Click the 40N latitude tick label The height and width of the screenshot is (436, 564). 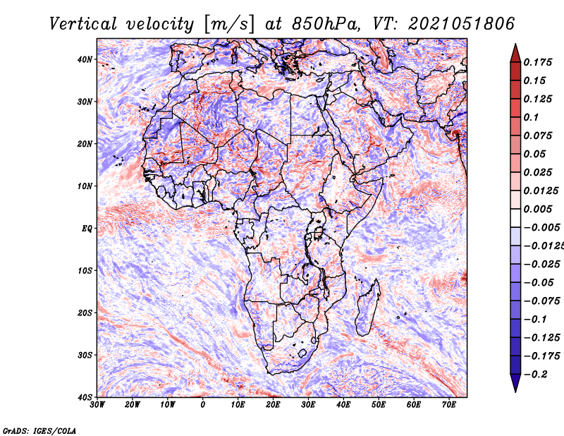pyautogui.click(x=85, y=59)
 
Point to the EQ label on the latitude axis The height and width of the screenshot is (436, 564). pyautogui.click(x=87, y=229)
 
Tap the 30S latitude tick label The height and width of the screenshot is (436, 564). pyautogui.click(x=85, y=356)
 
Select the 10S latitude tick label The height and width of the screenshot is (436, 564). pyautogui.click(x=85, y=271)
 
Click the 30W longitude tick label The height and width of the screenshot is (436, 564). pyautogui.click(x=97, y=405)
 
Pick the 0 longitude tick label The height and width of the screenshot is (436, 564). pyautogui.click(x=203, y=405)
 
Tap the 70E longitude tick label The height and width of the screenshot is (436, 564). pyautogui.click(x=449, y=405)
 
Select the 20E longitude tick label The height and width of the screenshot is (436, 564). pyautogui.click(x=273, y=405)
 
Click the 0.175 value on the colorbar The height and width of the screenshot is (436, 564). pyautogui.click(x=537, y=62)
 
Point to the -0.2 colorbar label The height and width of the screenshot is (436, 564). pyautogui.click(x=536, y=375)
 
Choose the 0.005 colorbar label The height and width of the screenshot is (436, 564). pyautogui.click(x=537, y=209)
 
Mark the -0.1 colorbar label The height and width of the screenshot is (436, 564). pyautogui.click(x=536, y=320)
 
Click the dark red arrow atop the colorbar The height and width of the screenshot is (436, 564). pyautogui.click(x=515, y=54)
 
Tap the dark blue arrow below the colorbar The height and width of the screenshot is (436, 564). pyautogui.click(x=515, y=383)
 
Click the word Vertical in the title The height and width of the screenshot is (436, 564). pyautogui.click(x=83, y=24)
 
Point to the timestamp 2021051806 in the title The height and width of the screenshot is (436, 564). pyautogui.click(x=462, y=24)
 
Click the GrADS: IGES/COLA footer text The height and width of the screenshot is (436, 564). pyautogui.click(x=39, y=431)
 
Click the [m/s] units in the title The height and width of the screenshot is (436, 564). pyautogui.click(x=229, y=25)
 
